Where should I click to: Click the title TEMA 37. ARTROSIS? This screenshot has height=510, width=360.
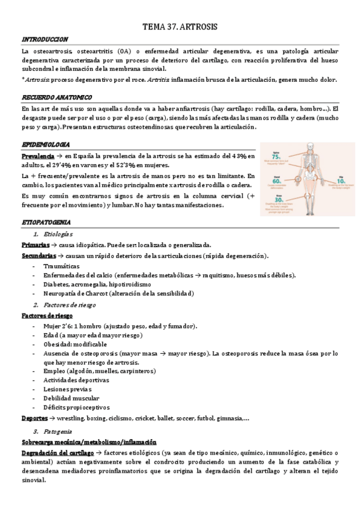coord(180,28)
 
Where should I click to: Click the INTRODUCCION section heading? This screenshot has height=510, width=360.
coord(43,39)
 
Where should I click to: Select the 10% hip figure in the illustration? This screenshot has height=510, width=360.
coord(341,180)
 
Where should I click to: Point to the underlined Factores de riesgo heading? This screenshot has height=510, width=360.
coord(47,315)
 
